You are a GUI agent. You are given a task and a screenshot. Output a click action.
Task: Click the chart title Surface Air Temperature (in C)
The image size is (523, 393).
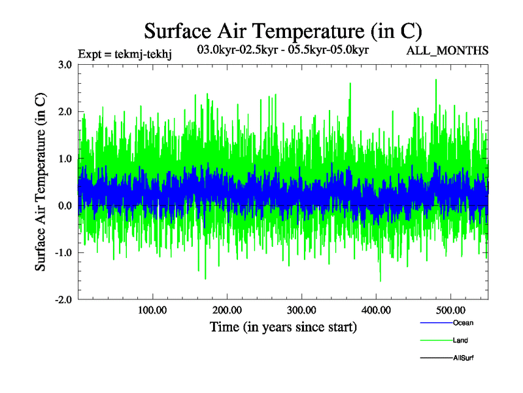282,31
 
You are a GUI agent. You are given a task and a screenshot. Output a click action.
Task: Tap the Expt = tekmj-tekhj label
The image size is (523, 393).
124,54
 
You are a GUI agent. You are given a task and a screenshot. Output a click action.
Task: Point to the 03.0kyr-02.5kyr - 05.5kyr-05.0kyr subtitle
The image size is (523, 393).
284,49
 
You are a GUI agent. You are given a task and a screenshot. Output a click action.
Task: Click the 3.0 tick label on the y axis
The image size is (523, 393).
65,65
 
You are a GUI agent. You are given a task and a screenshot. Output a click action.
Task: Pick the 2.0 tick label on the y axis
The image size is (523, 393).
65,112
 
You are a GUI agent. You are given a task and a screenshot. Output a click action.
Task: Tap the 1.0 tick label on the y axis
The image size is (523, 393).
65,159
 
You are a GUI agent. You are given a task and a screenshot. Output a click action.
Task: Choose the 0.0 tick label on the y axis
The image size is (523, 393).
65,206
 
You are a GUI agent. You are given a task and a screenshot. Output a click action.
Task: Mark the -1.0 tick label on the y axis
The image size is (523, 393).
63,253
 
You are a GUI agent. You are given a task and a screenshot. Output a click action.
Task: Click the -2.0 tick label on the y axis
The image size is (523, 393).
63,300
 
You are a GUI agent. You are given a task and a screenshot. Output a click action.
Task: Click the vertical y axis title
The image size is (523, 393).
41,182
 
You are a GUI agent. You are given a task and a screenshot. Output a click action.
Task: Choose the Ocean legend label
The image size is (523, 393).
463,323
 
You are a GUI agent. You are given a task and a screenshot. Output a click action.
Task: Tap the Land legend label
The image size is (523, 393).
460,341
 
